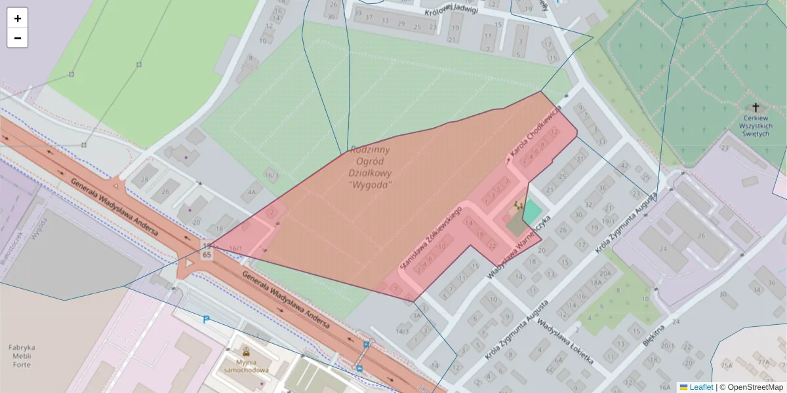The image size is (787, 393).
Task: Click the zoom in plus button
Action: pyautogui.click(x=18, y=18)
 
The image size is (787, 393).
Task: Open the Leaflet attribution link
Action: pyautogui.click(x=701, y=387)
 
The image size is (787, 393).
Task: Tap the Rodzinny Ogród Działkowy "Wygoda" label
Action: pyautogui.click(x=371, y=167)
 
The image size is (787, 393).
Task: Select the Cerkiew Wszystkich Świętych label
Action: pyautogui.click(x=753, y=124)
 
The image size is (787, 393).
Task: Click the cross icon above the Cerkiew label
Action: pyautogui.click(x=755, y=107)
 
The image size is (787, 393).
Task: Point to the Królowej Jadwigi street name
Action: pyautogui.click(x=451, y=9)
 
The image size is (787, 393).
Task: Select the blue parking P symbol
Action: pyautogui.click(x=206, y=320)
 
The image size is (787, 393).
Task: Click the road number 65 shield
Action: pyautogui.click(x=207, y=254)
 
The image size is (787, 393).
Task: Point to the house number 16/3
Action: pyautogui.click(x=272, y=176)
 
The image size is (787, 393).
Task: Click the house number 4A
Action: pyautogui.click(x=252, y=193)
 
